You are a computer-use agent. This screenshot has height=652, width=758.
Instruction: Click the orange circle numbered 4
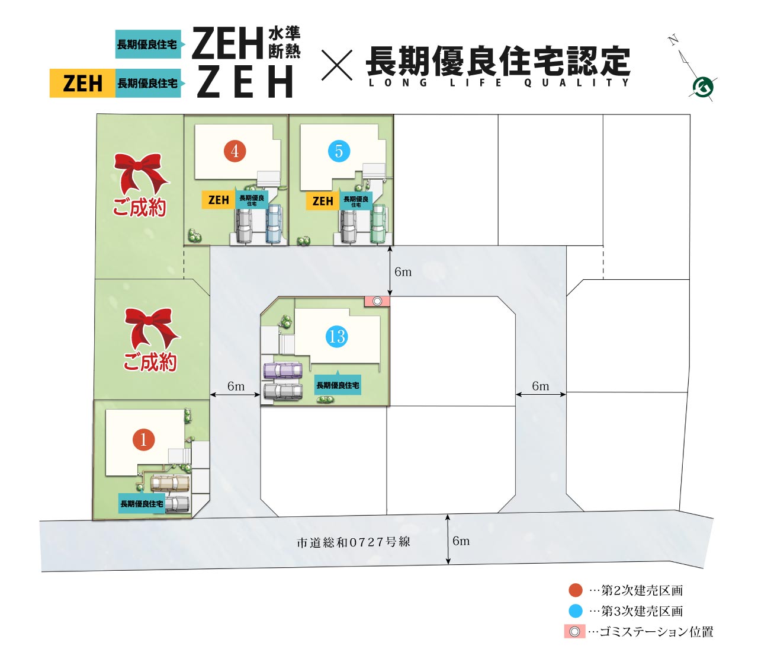tap(235, 151)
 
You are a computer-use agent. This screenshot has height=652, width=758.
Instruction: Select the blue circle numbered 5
tap(339, 151)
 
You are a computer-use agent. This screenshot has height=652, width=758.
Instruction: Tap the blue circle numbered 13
tap(336, 336)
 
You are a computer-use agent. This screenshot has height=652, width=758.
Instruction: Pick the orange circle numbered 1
tap(143, 439)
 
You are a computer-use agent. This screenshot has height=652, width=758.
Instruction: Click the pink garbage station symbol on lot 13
tap(377, 302)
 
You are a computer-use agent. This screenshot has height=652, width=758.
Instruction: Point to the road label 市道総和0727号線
tap(353, 542)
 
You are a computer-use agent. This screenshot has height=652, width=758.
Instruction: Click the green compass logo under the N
tap(703, 87)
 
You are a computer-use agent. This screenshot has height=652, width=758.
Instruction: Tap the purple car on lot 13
tap(283, 370)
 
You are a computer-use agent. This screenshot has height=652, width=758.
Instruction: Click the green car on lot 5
tap(378, 223)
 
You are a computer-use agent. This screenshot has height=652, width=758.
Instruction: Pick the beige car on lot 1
tap(170, 484)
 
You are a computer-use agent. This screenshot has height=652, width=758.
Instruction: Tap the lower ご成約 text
tap(150, 362)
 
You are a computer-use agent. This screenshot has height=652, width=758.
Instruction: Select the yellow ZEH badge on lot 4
tap(219, 200)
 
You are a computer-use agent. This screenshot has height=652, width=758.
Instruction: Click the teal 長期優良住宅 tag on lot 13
tap(338, 385)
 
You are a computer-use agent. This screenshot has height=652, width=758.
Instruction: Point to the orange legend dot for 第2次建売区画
tap(576, 590)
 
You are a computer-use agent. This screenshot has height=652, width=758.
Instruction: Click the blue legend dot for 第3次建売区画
tap(576, 611)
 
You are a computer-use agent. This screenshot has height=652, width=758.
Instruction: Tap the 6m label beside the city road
tap(461, 541)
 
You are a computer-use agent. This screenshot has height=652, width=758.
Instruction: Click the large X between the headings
tap(336, 65)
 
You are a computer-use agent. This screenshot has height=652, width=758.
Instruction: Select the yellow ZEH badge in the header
tap(82, 84)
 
